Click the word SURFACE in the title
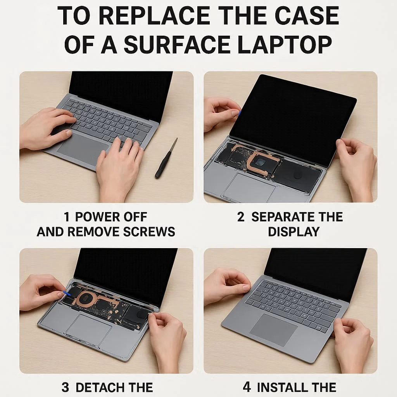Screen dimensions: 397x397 click(x=178, y=45)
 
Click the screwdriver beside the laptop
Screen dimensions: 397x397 click(x=166, y=159)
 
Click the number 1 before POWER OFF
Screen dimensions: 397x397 click(x=67, y=217)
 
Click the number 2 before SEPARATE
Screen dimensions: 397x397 click(x=241, y=217)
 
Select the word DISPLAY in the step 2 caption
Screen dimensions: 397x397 click(x=294, y=232)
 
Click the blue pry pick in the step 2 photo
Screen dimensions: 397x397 click(x=239, y=113)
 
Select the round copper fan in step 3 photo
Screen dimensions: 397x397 click(x=86, y=299)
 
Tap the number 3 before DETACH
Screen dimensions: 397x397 click(x=65, y=387)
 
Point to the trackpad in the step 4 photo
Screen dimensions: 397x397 click(x=273, y=330)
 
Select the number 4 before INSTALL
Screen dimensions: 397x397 click(x=247, y=387)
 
